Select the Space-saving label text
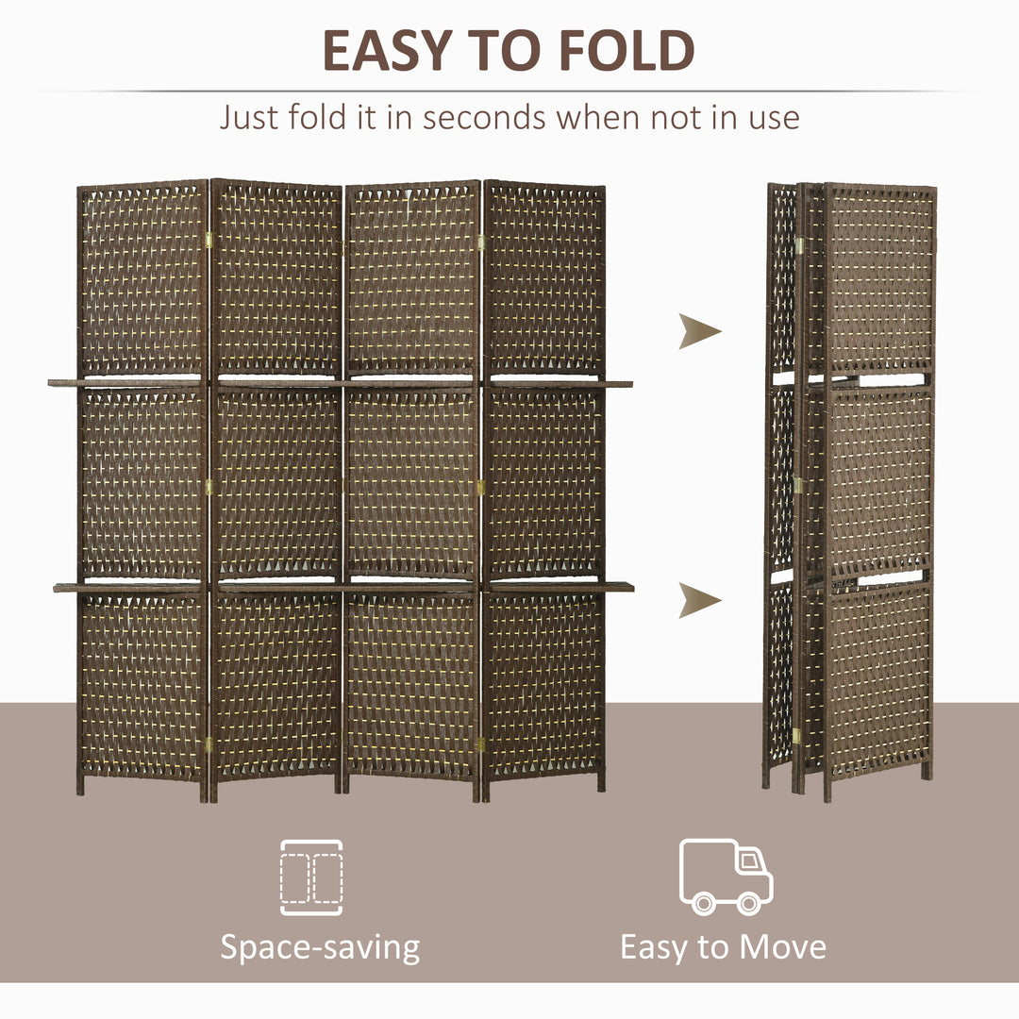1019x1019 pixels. (320, 946)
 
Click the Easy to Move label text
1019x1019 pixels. (723, 946)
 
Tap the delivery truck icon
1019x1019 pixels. (726, 876)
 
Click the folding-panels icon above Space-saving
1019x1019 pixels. (311, 877)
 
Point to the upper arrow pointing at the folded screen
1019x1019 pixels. (698, 332)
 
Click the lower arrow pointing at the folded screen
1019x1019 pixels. (698, 600)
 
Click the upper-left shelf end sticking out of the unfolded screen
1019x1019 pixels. (62, 383)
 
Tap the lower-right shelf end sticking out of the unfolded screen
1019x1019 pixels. (619, 587)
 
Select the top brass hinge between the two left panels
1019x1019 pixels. (209, 241)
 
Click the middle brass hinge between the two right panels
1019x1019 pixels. (480, 488)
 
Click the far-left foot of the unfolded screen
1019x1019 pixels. (80, 785)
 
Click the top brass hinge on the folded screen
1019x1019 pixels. (799, 245)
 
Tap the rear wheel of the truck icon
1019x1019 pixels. (703, 903)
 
